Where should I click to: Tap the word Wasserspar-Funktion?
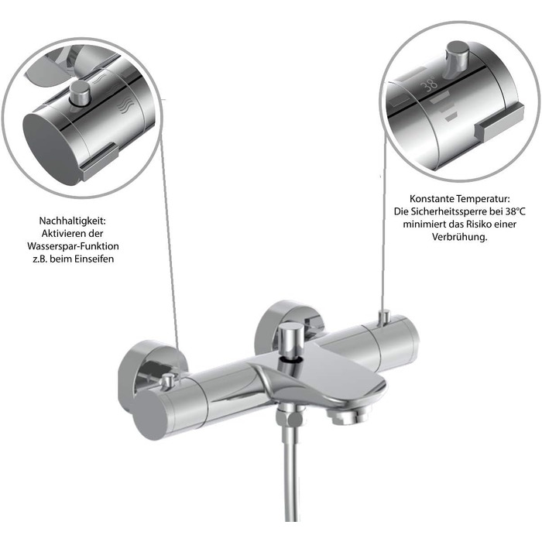click(x=73, y=246)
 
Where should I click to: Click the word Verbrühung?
click(x=459, y=237)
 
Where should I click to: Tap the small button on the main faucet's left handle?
click(x=168, y=380)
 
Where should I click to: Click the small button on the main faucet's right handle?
click(x=384, y=318)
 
